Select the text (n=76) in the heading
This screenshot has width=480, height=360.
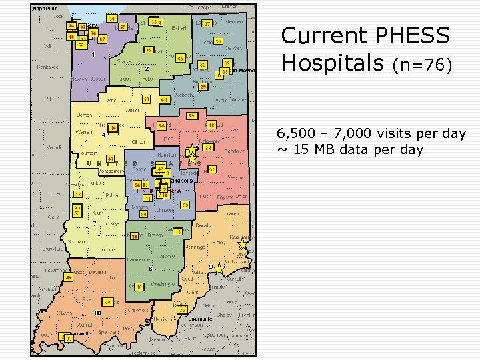click(422, 65)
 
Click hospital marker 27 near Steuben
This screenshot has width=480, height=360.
click(208, 24)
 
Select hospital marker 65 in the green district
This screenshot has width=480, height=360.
click(181, 59)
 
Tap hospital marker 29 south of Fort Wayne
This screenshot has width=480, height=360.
click(203, 87)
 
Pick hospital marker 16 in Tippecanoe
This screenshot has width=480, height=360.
click(113, 128)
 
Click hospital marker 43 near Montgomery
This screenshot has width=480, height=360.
click(110, 159)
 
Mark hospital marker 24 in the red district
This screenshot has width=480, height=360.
click(209, 147)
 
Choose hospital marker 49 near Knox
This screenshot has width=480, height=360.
click(68, 277)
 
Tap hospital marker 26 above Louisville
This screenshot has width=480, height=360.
click(181, 310)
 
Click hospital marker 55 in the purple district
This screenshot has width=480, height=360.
click(123, 27)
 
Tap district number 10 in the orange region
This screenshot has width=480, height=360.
click(97, 313)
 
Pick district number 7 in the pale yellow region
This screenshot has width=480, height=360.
click(95, 223)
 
